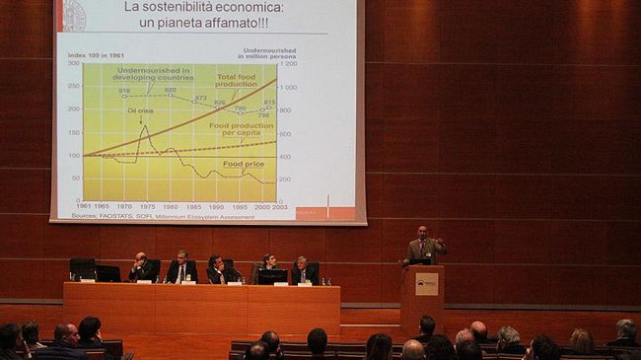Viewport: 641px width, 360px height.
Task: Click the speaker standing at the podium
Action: click(423, 247)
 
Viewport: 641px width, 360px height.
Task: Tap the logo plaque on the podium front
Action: click(425, 284)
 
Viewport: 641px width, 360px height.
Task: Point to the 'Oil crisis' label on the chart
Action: click(140, 109)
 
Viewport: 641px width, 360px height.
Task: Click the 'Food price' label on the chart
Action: click(242, 164)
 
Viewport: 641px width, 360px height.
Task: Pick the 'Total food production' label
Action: click(237, 80)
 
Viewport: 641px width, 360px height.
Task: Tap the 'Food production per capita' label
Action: click(242, 128)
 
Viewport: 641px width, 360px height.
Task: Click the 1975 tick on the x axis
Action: click(147, 206)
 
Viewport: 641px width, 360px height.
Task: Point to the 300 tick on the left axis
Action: click(73, 63)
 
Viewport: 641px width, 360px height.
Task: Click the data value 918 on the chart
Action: click(124, 91)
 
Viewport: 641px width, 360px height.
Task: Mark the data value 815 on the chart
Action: click(269, 103)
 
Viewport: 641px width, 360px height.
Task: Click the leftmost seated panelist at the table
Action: click(140, 267)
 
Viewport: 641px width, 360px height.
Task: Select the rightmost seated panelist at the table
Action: click(302, 269)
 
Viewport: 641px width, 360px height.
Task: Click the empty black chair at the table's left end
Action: click(82, 267)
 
